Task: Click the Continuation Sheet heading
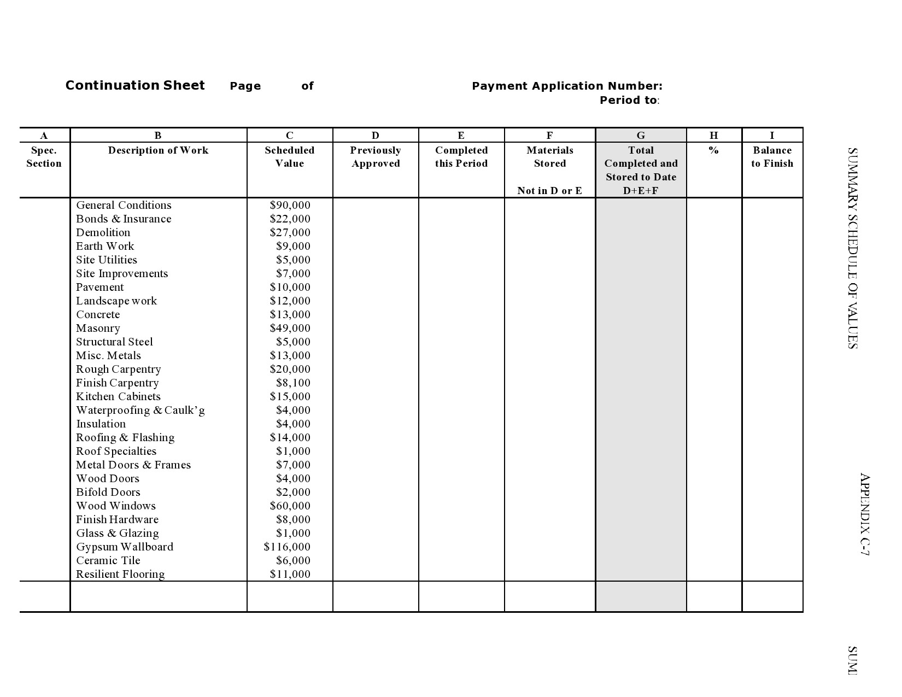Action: coord(134,85)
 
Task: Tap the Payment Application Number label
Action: coord(567,86)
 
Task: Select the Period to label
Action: coord(629,100)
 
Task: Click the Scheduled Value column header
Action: coord(290,157)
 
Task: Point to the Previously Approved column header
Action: coord(376,157)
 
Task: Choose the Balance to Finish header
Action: coord(772,157)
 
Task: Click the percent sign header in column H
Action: coord(713,150)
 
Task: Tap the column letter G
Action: coord(641,136)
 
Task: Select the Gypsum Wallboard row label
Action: coord(125,547)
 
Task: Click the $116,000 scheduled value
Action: coord(287,547)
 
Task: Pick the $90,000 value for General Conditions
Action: coord(290,205)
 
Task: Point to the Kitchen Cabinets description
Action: coord(118,396)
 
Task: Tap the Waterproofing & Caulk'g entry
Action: coord(140,410)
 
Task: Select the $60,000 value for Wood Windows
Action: coord(290,506)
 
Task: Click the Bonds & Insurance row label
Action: coord(124,219)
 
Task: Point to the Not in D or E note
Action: coord(549,191)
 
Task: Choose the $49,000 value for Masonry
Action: coord(290,328)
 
